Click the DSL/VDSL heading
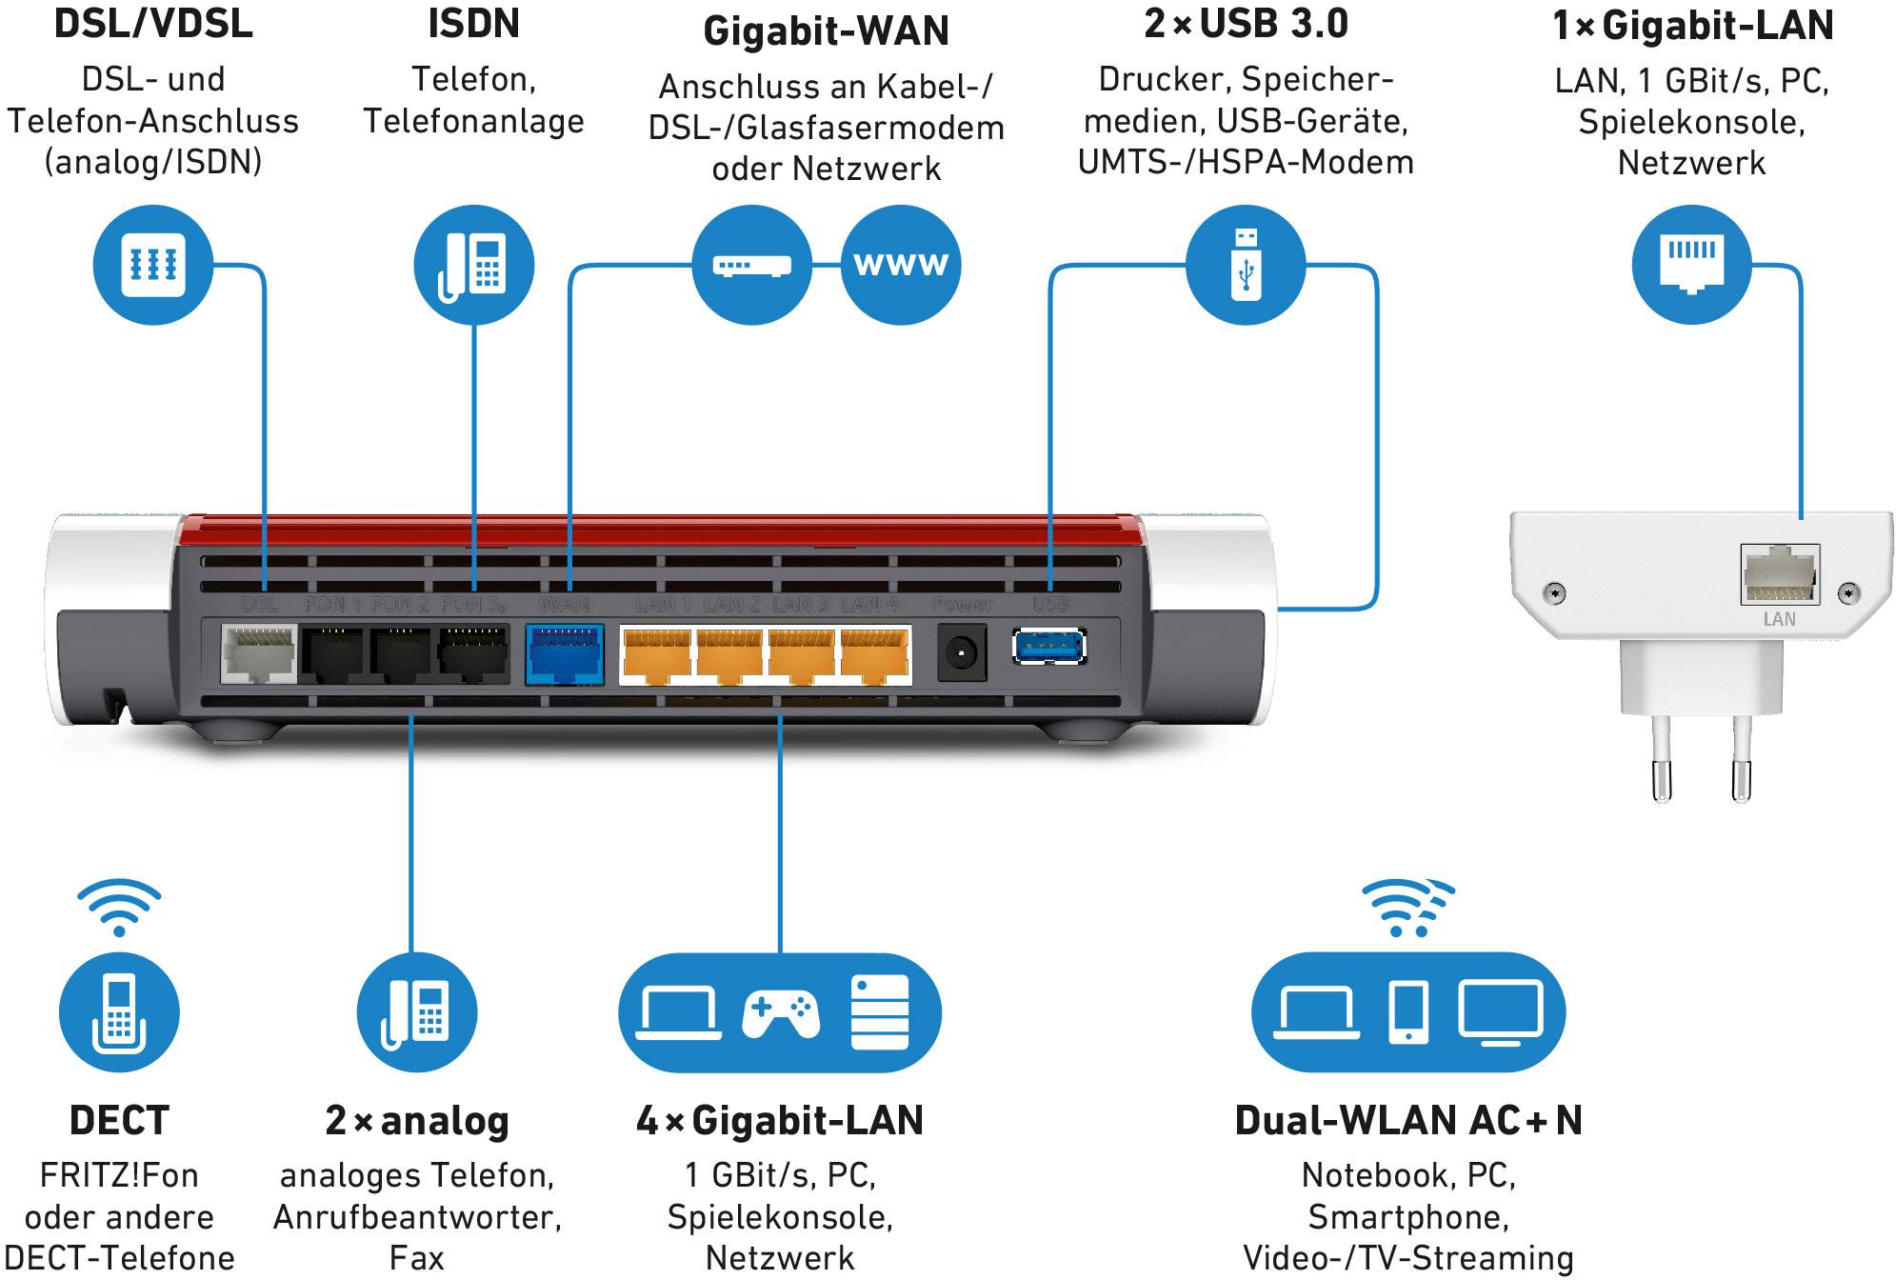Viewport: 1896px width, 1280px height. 153,24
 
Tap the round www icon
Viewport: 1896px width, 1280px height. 901,265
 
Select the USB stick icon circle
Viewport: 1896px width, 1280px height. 1246,265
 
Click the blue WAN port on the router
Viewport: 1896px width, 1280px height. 565,654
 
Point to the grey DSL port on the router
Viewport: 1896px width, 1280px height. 258,654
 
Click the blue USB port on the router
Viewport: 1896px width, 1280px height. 1048,648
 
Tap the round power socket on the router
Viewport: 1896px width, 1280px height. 961,653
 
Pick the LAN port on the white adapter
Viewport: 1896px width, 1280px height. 1779,574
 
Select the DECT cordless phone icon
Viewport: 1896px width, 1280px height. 119,1012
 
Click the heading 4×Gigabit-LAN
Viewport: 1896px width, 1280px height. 780,1121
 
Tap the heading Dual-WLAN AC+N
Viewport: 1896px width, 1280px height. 1408,1121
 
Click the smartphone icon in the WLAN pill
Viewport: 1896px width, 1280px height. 1408,1012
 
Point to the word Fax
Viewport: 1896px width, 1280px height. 416,1258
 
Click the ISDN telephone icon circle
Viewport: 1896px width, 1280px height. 473,265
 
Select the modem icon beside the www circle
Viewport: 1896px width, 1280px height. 752,265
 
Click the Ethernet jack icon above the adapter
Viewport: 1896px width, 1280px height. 1691,265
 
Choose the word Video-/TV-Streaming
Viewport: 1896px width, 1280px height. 1408,1258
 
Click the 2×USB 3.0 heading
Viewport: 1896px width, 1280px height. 1246,24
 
